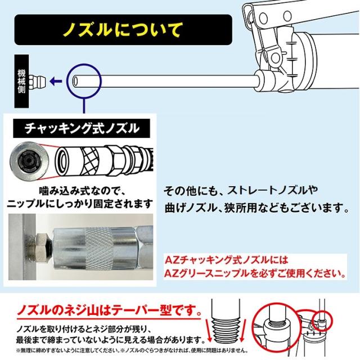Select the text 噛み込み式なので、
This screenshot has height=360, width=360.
tap(82, 187)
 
